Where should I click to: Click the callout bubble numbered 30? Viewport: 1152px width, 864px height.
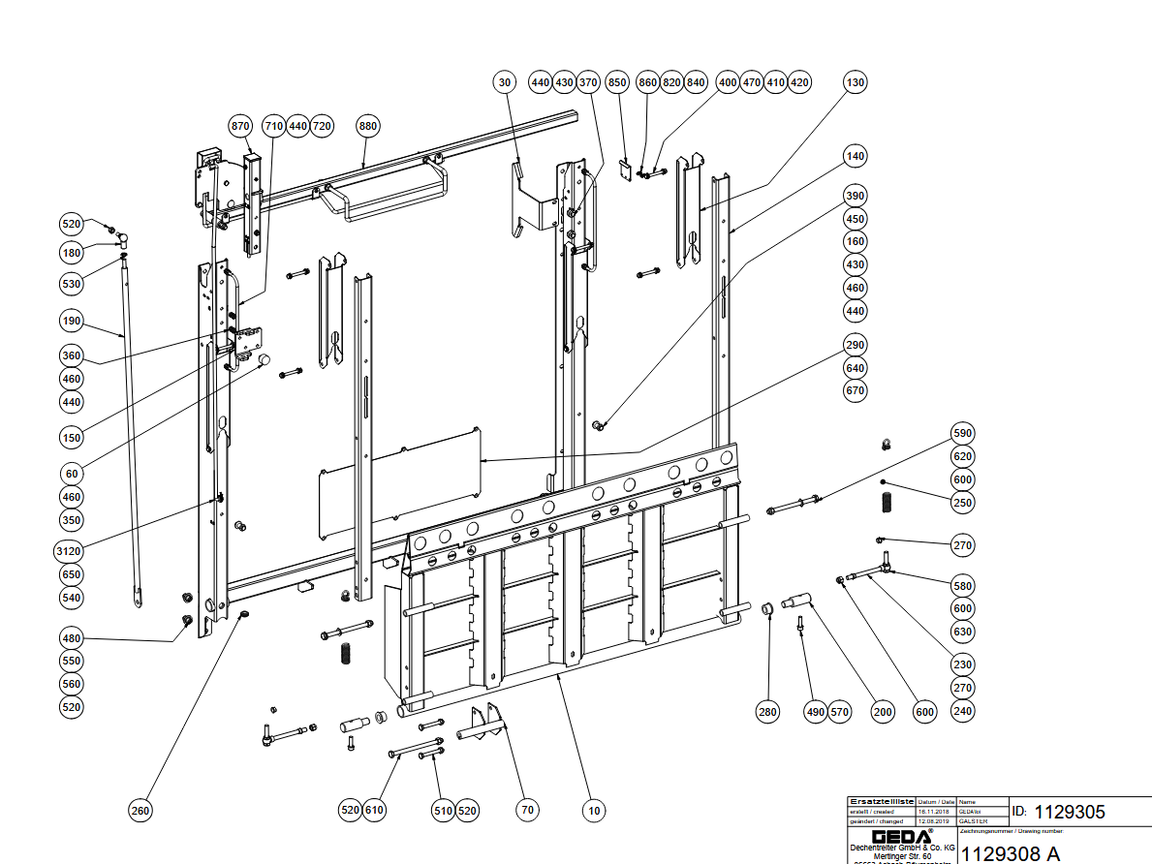[x=503, y=82]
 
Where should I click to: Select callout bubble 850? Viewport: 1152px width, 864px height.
[x=617, y=82]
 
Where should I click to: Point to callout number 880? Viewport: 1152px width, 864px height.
[x=367, y=126]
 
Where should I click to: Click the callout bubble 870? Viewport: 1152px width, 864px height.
[x=240, y=126]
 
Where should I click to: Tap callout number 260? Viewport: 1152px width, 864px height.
[x=141, y=811]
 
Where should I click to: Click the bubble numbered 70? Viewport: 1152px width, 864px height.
[x=527, y=810]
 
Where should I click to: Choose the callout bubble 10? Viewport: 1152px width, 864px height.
[x=593, y=810]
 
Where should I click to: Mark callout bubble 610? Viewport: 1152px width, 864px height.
[x=374, y=810]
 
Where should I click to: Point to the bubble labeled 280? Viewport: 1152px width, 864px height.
[x=767, y=712]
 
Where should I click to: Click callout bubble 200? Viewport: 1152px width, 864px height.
[x=883, y=712]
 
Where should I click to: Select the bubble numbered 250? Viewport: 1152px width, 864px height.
[x=962, y=503]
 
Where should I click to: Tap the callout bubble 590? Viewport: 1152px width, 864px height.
[x=962, y=433]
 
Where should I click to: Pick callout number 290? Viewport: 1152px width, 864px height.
[x=856, y=345]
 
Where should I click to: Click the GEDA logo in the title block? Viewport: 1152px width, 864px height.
[x=901, y=836]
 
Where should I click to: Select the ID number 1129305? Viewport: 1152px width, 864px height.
[x=1069, y=812]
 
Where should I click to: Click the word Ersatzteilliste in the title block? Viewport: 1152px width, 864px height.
[x=881, y=802]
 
